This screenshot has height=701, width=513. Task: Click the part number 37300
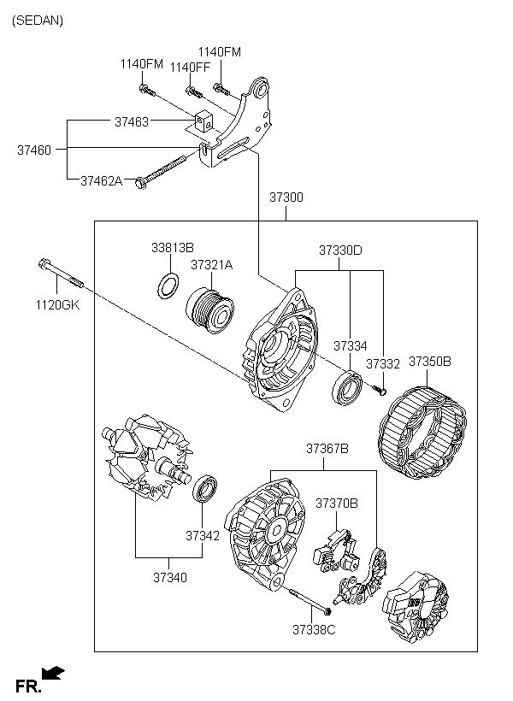pyautogui.click(x=286, y=197)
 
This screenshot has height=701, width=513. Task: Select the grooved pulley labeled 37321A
pyautogui.click(x=210, y=311)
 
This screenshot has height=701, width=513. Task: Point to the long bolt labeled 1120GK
pyautogui.click(x=61, y=274)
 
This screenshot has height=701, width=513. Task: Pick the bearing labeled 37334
pyautogui.click(x=347, y=387)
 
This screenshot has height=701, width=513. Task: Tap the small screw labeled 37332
pyautogui.click(x=380, y=391)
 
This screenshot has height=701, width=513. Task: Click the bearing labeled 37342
pyautogui.click(x=204, y=489)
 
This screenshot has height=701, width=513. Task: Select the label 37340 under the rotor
pyautogui.click(x=170, y=578)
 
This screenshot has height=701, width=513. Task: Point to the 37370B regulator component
pyautogui.click(x=335, y=551)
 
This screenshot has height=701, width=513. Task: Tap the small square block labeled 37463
pyautogui.click(x=203, y=121)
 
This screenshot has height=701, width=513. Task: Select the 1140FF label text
pyautogui.click(x=190, y=68)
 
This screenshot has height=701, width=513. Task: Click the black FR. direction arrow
pyautogui.click(x=53, y=673)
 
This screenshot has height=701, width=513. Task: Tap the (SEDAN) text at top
pyautogui.click(x=38, y=21)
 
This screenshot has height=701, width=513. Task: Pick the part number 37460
pyautogui.click(x=34, y=150)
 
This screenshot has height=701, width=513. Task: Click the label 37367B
pyautogui.click(x=327, y=449)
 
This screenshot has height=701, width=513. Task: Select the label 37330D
pyautogui.click(x=340, y=250)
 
